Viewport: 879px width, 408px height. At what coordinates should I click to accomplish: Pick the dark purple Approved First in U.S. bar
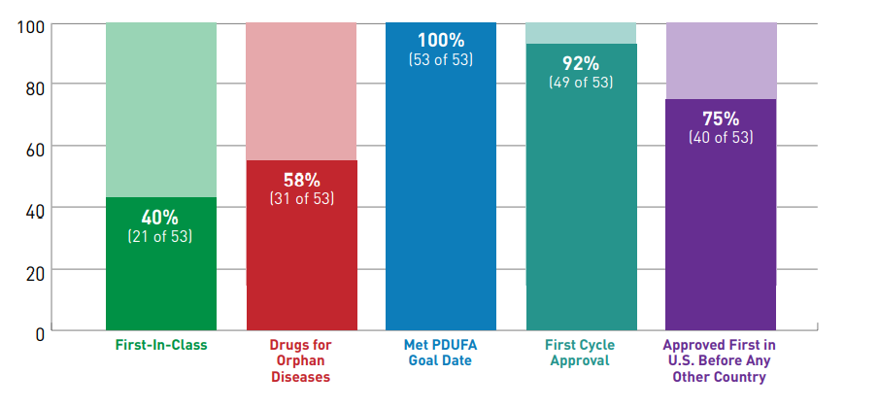tap(721, 233)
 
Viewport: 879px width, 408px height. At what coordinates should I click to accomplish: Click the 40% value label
tap(160, 217)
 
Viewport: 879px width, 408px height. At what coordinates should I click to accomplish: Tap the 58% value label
tap(301, 180)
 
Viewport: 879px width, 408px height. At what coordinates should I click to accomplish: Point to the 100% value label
tap(441, 41)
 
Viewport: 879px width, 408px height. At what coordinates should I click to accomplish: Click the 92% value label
tap(582, 63)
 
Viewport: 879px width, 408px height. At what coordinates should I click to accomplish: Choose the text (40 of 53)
tap(721, 138)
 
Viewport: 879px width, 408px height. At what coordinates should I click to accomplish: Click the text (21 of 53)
tap(160, 236)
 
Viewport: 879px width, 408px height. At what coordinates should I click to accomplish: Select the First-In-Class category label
tap(160, 345)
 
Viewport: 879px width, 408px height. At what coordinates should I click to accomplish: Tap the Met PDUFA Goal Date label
tap(441, 353)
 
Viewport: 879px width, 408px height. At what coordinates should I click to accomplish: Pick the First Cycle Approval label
tap(582, 353)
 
